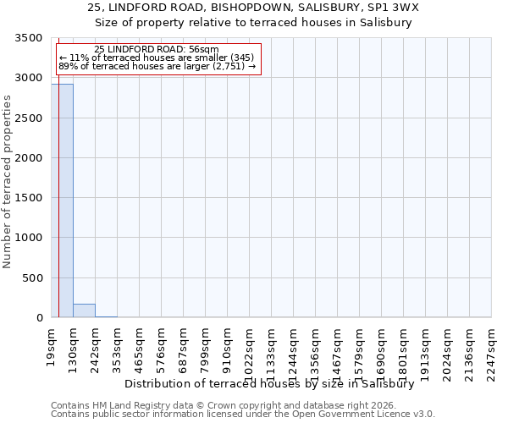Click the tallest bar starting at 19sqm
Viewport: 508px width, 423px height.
coord(62,201)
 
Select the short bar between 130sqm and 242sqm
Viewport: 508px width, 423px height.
coord(84,310)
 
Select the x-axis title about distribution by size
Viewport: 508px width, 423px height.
coord(268,383)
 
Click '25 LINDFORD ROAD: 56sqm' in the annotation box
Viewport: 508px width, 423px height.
coord(157,50)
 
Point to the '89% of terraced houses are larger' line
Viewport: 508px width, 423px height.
coord(157,66)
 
